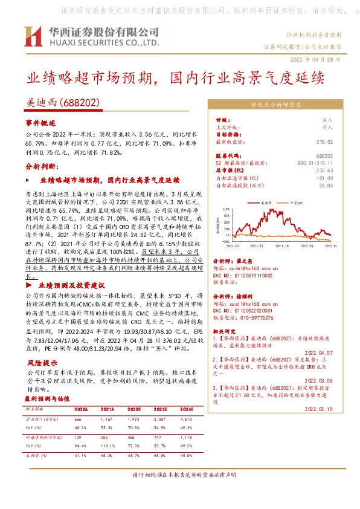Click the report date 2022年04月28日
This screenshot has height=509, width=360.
pos(319,60)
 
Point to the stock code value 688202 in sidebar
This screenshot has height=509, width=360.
pos(326,157)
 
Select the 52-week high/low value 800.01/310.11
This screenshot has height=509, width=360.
pos(315,164)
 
